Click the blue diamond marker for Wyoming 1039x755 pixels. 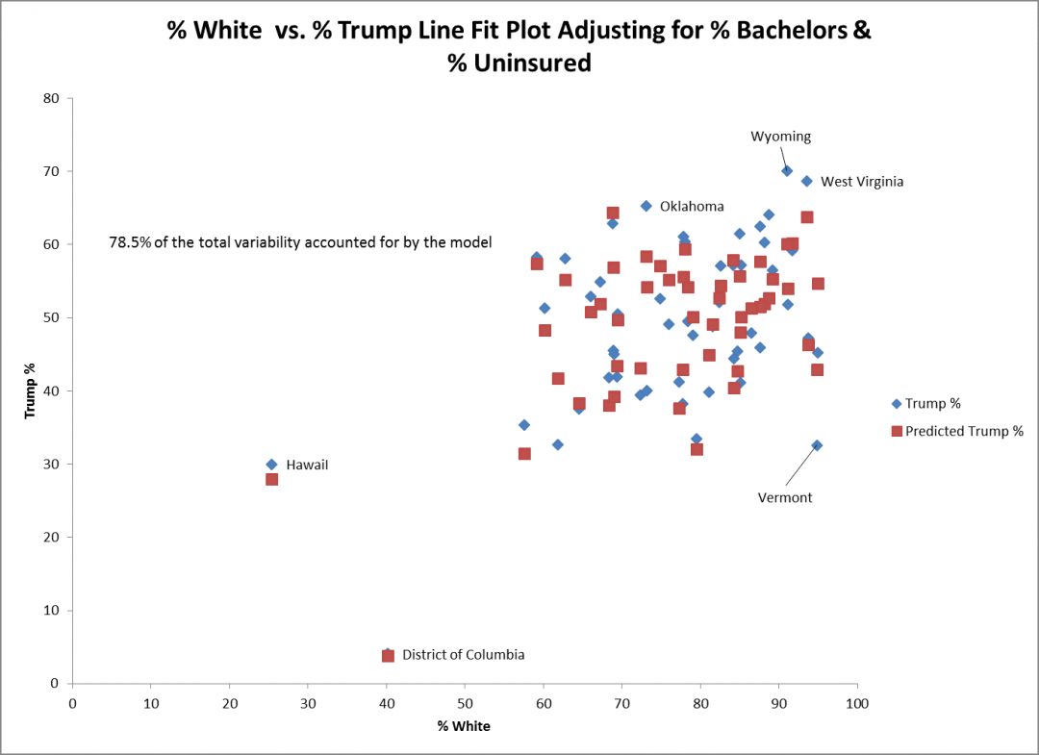click(x=787, y=170)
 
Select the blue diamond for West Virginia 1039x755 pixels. click(x=807, y=181)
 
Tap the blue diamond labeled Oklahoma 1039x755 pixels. click(x=646, y=206)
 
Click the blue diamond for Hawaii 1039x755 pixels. click(x=271, y=465)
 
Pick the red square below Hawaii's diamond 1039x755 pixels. click(x=271, y=479)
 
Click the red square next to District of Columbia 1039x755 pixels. click(x=388, y=656)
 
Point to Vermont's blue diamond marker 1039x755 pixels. click(x=817, y=445)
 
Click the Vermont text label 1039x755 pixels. click(x=785, y=497)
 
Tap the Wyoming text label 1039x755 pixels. click(x=780, y=137)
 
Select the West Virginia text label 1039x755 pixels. click(x=861, y=181)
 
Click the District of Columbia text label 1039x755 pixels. click(x=463, y=655)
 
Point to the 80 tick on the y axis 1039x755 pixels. click(x=51, y=98)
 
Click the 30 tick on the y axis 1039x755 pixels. click(x=51, y=464)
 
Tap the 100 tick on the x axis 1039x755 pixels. click(x=856, y=702)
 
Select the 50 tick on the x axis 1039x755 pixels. click(x=465, y=702)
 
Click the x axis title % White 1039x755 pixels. click(x=464, y=726)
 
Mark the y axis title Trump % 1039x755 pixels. click(x=30, y=390)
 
